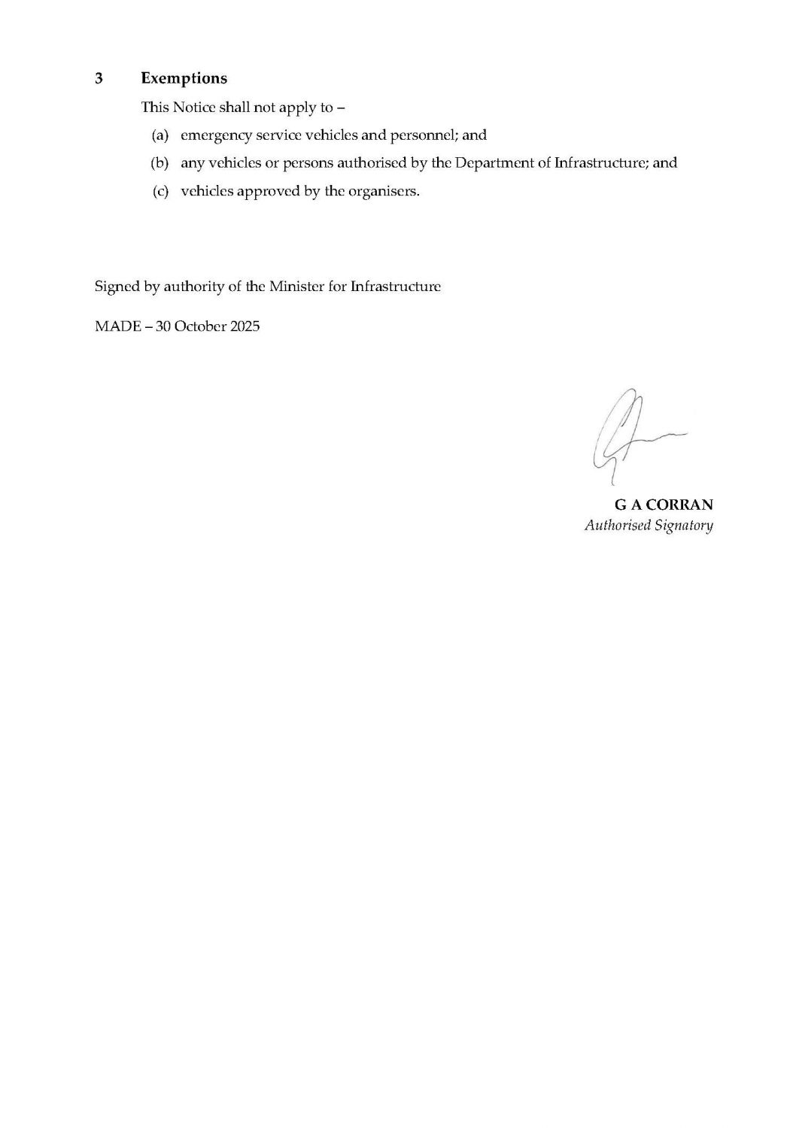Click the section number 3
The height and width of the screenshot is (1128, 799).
pyautogui.click(x=99, y=78)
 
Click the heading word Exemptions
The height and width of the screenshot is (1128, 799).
pyautogui.click(x=184, y=78)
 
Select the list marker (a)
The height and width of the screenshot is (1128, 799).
pyautogui.click(x=159, y=135)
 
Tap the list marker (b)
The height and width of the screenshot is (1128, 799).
pyautogui.click(x=159, y=162)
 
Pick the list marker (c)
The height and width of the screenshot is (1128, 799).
pyautogui.click(x=160, y=191)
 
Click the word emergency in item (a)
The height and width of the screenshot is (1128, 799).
pyautogui.click(x=214, y=136)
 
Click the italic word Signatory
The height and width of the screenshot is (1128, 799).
pyautogui.click(x=683, y=526)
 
